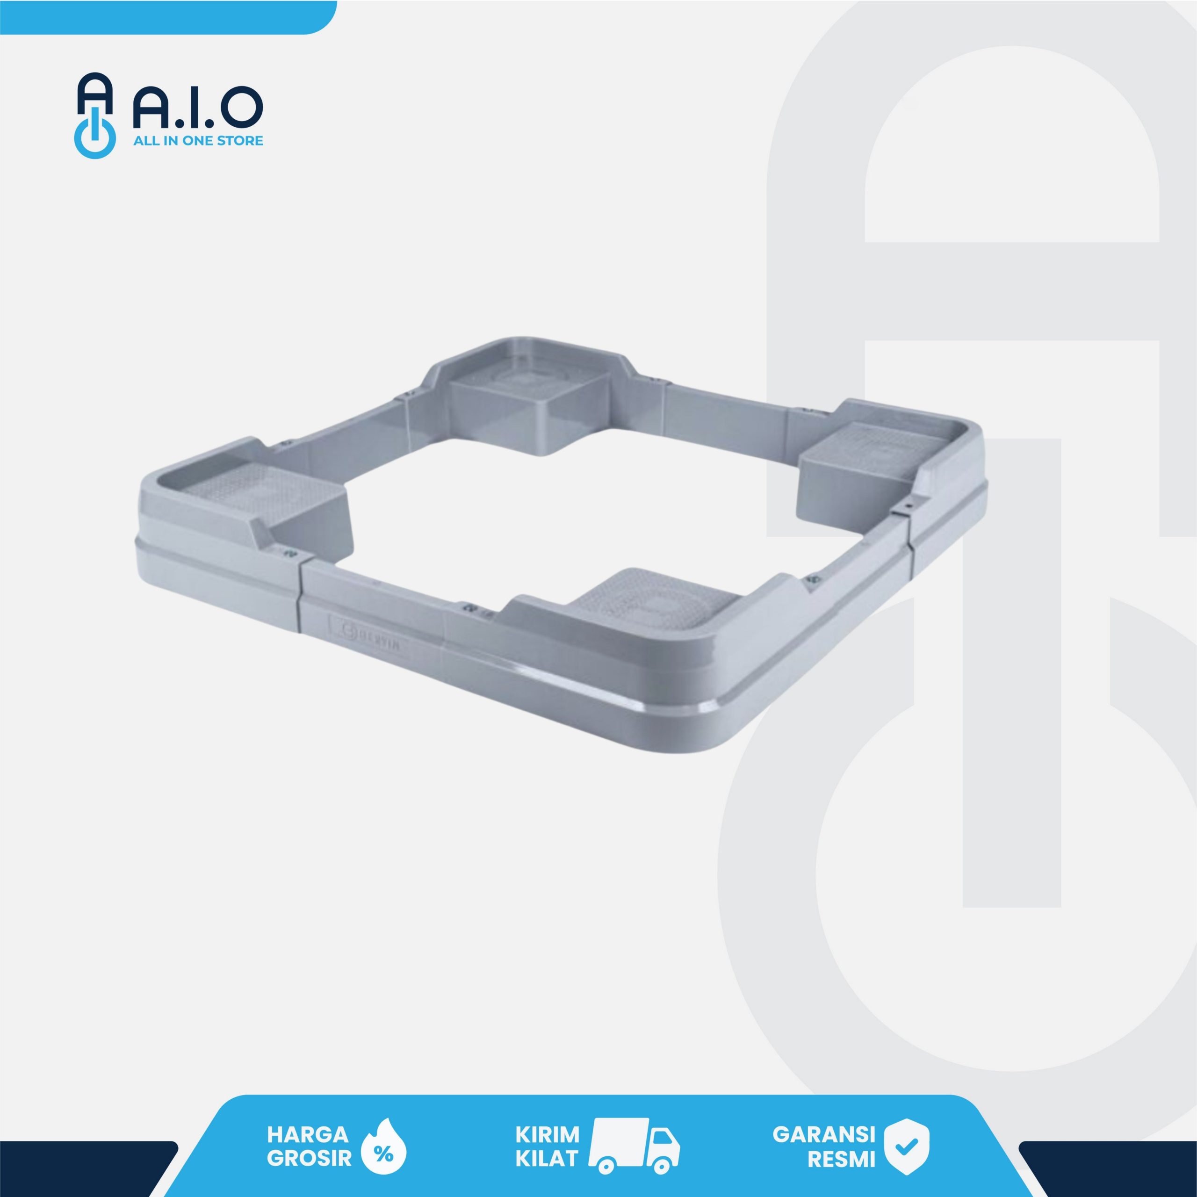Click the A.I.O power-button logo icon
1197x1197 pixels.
[95, 116]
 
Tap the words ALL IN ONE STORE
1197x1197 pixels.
[198, 141]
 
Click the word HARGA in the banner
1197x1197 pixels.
[307, 1134]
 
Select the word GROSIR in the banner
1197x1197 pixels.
[309, 1158]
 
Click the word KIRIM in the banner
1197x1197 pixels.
[547, 1134]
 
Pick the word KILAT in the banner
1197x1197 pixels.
[547, 1158]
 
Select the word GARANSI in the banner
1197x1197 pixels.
[823, 1134]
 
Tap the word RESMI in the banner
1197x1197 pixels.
[841, 1159]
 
